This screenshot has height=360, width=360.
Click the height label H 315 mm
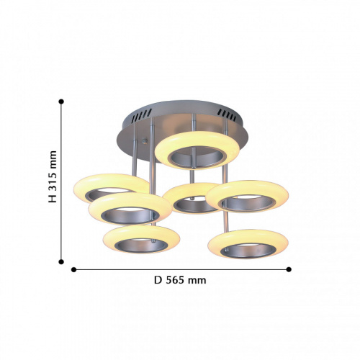(x=53, y=176)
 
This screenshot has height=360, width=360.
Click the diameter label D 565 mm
(x=180, y=280)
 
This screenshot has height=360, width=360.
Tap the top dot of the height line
(x=61, y=102)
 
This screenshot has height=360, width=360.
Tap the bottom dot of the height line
(x=61, y=261)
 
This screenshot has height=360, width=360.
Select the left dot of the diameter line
(x=73, y=270)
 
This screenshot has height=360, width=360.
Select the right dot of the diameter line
(x=289, y=269)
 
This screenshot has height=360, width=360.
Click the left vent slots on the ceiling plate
(x=142, y=116)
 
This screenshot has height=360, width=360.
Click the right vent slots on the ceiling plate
(x=227, y=114)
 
